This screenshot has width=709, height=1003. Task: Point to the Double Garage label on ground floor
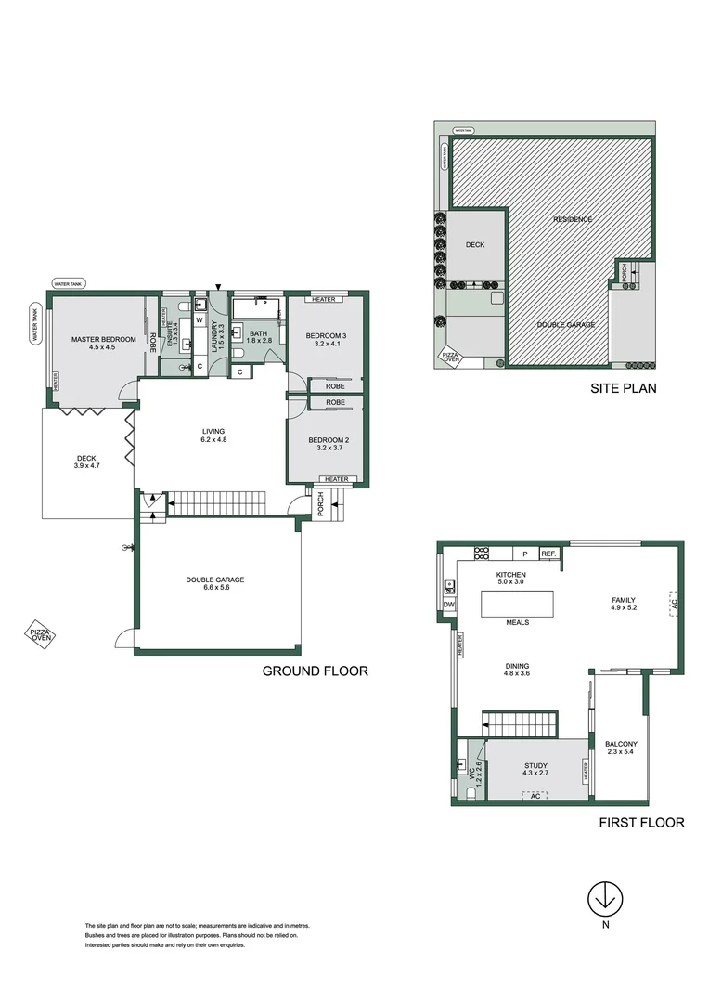point(215,580)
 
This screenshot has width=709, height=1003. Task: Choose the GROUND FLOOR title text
point(315,671)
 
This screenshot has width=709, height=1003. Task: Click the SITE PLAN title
point(624,388)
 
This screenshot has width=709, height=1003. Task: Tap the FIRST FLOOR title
point(641,822)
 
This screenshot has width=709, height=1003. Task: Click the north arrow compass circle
point(605,899)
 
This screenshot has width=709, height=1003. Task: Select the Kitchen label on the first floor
point(510,576)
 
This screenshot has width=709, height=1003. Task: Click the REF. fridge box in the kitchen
point(548,554)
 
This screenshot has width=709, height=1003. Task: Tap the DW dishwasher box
point(449,605)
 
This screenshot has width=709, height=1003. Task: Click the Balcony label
point(621,744)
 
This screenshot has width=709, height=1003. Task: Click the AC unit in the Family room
point(674,604)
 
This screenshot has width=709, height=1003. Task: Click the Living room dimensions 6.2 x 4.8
point(214,440)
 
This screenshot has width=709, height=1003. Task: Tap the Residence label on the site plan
point(573,219)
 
